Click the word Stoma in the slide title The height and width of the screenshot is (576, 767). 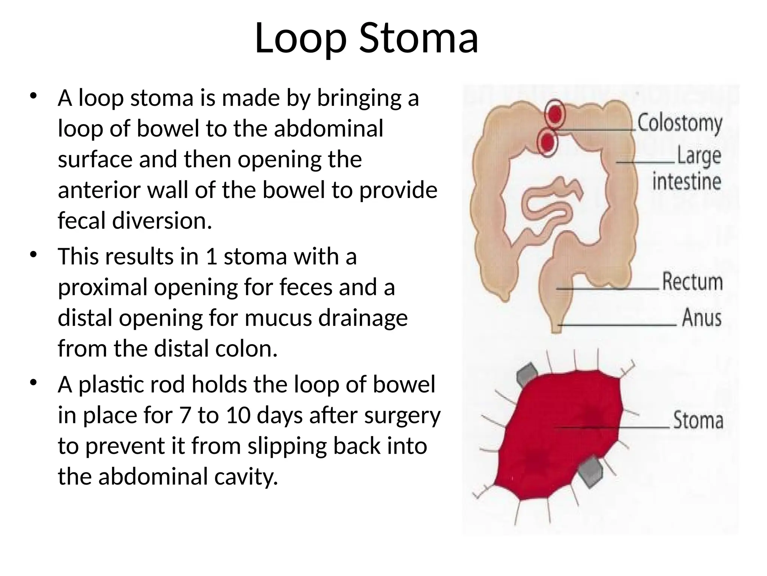click(418, 38)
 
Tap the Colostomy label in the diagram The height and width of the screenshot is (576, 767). click(680, 123)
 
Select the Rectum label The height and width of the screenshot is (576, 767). click(692, 282)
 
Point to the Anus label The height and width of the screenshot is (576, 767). click(701, 318)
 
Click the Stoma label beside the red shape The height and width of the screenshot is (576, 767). click(698, 420)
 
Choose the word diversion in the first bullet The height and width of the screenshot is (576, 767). click(162, 220)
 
